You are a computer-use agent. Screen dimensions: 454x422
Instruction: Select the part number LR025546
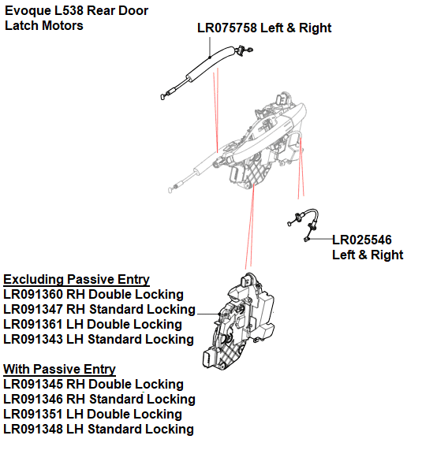(362, 240)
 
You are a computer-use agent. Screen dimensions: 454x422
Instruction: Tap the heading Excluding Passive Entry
(77, 279)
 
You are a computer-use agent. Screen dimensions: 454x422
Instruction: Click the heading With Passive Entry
(60, 369)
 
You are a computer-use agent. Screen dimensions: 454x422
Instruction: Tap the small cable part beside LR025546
(304, 225)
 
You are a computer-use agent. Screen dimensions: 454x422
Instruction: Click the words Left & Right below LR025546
(368, 255)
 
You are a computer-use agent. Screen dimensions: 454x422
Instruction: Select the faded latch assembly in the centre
(260, 146)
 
